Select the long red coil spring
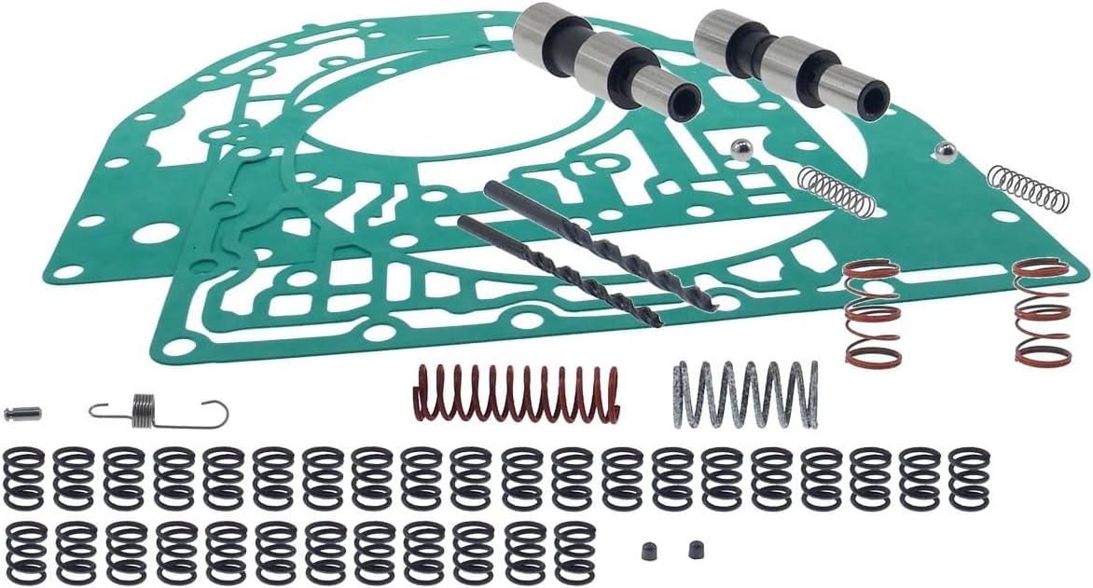coord(516,393)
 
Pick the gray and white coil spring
coord(745,394)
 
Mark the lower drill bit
coord(560,271)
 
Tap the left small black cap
coord(648,551)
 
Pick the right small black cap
coord(696,550)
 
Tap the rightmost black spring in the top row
coord(969,478)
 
